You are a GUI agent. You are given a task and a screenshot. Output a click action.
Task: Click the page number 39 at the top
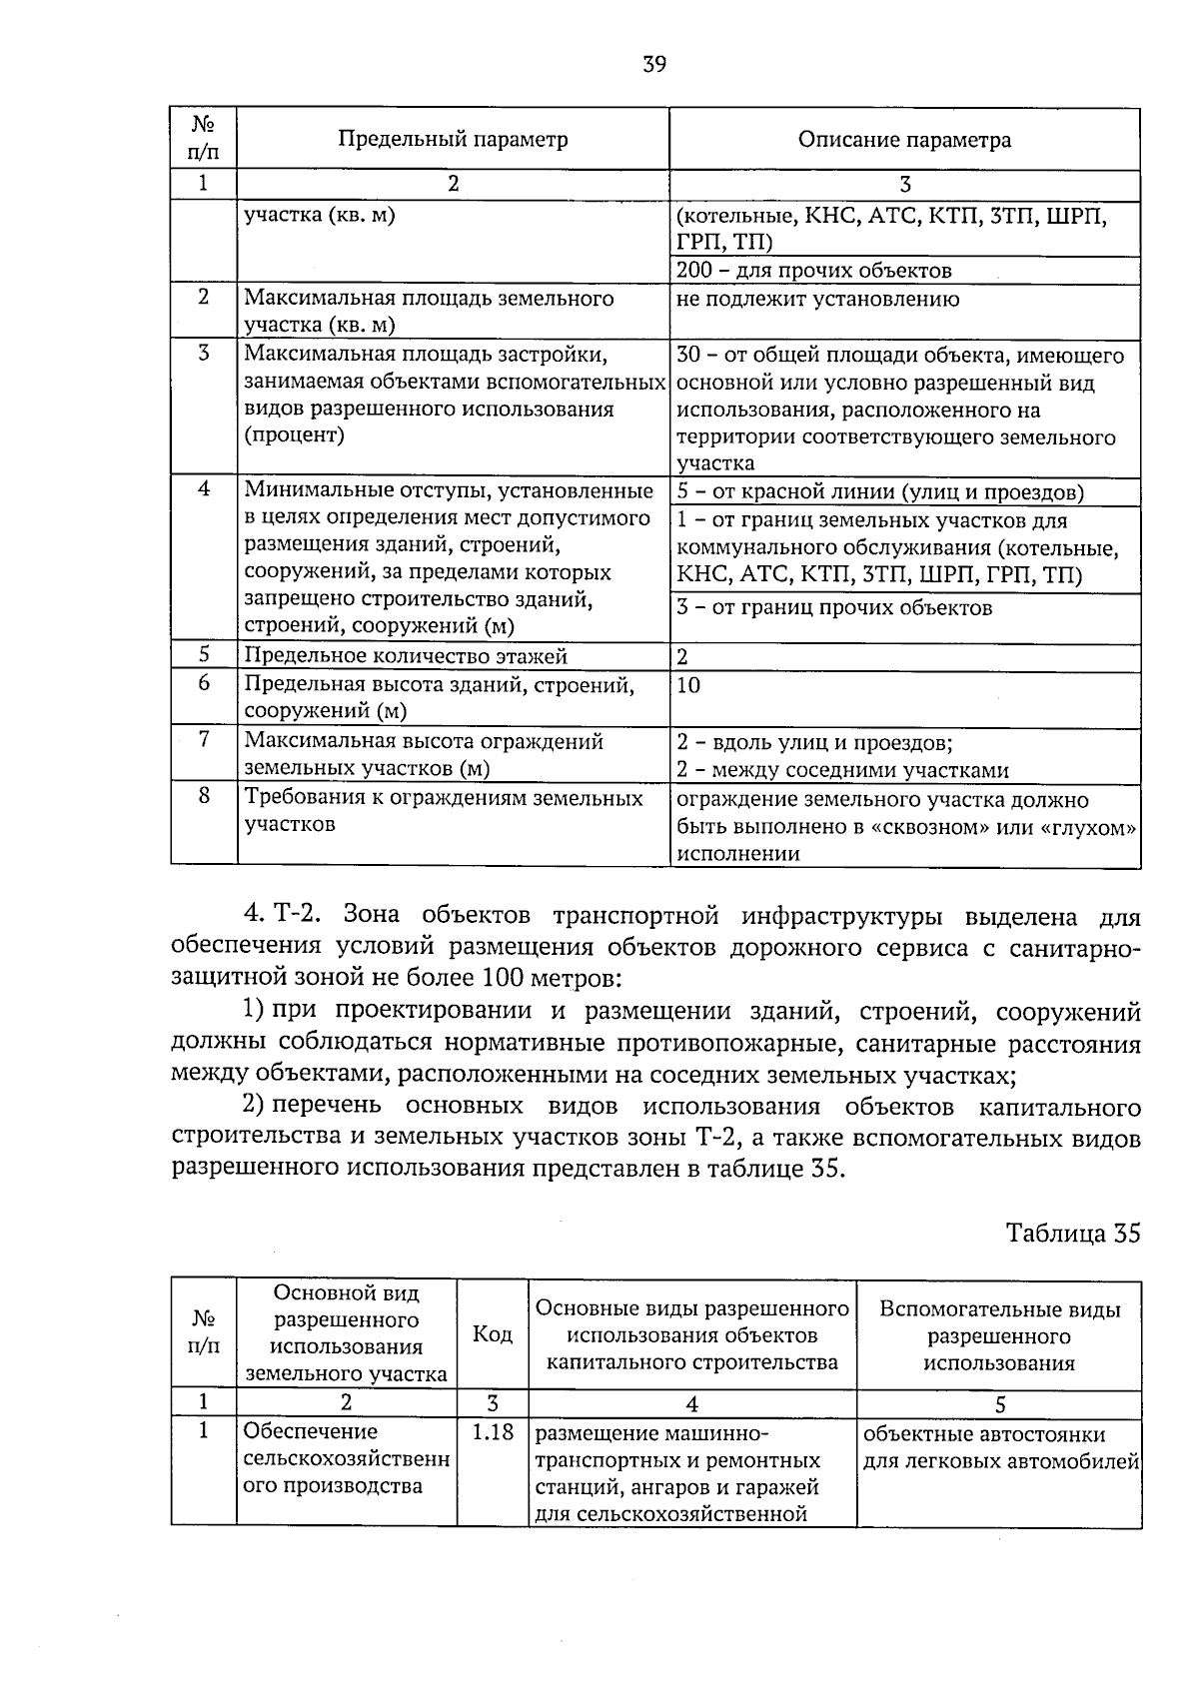654,65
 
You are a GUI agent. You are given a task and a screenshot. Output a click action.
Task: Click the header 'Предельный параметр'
453,140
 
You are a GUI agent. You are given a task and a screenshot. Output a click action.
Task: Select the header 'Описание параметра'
904,140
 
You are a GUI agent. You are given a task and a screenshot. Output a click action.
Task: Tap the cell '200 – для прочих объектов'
813,271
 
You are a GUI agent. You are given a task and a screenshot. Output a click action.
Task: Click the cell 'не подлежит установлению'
817,299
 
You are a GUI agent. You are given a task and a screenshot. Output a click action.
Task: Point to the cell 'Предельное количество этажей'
406,656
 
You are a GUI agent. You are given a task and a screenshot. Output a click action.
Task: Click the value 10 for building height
688,685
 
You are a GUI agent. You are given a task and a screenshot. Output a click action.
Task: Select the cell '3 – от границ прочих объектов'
834,608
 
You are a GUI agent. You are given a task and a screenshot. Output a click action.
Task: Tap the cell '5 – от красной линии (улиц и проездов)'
879,492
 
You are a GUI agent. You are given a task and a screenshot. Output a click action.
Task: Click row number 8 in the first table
204,798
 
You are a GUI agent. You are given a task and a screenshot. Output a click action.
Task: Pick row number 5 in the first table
204,655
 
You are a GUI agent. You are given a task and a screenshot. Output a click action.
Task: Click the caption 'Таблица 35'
1072,1234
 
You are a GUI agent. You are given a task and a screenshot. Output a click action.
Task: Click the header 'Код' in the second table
493,1335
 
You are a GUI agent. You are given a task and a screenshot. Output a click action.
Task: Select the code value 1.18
493,1433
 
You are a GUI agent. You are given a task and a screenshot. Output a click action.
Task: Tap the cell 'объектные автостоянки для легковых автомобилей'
999,1448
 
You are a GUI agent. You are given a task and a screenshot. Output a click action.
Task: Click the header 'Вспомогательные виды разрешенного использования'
999,1336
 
